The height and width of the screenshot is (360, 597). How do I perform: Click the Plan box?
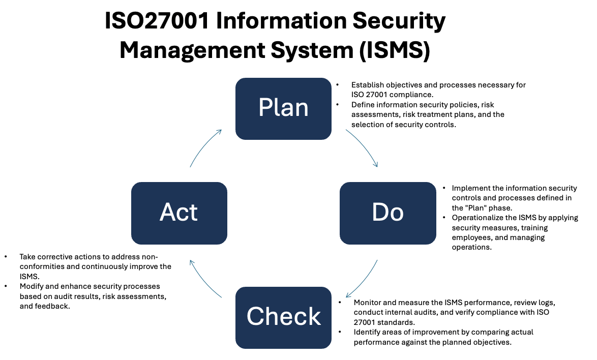click(x=283, y=108)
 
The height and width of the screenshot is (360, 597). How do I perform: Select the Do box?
click(x=387, y=213)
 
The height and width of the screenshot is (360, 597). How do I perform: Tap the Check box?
click(x=283, y=317)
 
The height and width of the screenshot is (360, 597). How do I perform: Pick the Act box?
click(x=179, y=213)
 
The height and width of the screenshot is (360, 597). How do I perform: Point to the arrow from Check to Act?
click(x=203, y=281)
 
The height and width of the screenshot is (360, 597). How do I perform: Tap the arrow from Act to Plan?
click(x=203, y=145)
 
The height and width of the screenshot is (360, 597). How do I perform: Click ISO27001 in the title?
click(x=157, y=20)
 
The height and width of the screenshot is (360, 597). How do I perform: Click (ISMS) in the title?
click(x=395, y=50)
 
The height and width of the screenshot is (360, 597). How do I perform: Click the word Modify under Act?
click(x=31, y=287)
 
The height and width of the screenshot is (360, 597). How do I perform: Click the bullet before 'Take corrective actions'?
click(x=6, y=257)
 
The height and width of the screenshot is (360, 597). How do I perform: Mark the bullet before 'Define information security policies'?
click(x=337, y=105)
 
